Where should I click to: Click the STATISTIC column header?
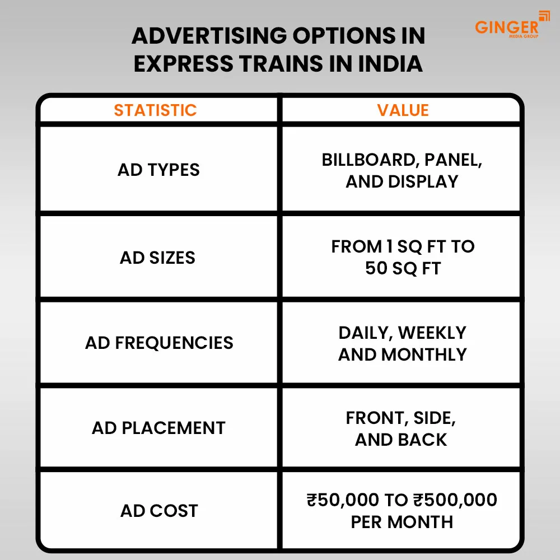(x=155, y=110)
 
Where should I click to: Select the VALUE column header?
(x=403, y=110)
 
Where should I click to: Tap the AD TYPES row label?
(x=158, y=170)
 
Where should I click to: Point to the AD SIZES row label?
(x=158, y=258)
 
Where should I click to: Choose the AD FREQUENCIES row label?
(x=159, y=343)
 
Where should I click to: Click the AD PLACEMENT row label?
(x=158, y=428)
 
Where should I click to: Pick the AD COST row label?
(x=159, y=511)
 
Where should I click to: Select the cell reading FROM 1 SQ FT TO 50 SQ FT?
(x=403, y=258)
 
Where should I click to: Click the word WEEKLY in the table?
(x=432, y=333)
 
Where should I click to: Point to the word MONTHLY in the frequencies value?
(x=424, y=354)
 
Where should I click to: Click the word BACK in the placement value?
(x=424, y=440)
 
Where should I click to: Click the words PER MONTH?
(x=402, y=522)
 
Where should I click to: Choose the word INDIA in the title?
(x=390, y=64)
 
